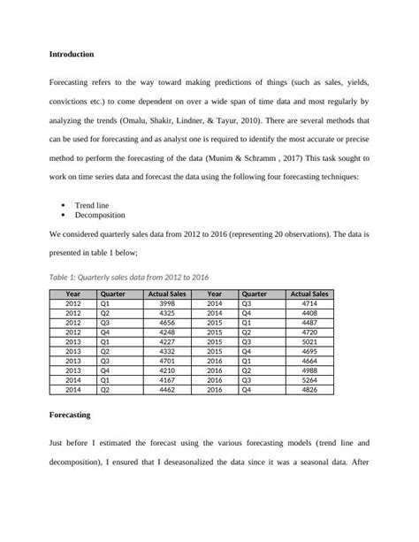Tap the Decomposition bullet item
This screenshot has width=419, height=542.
pos(100,214)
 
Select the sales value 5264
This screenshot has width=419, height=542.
pos(309,379)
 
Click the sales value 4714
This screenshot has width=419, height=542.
pos(309,302)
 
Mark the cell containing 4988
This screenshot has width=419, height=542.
pos(309,370)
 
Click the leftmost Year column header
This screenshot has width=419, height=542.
pos(73,293)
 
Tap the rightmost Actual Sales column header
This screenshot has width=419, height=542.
pos(309,293)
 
